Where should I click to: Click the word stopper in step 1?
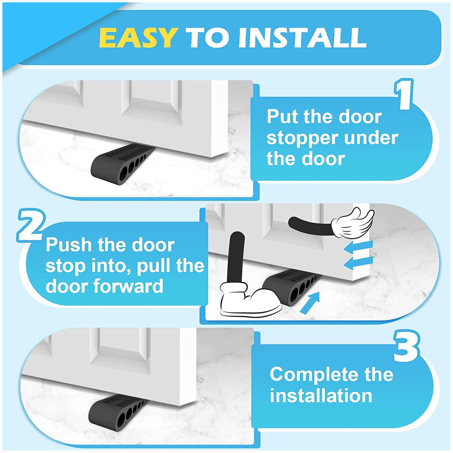coord(302,138)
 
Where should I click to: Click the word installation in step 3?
coord(321,396)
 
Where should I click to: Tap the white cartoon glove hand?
coord(353,223)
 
